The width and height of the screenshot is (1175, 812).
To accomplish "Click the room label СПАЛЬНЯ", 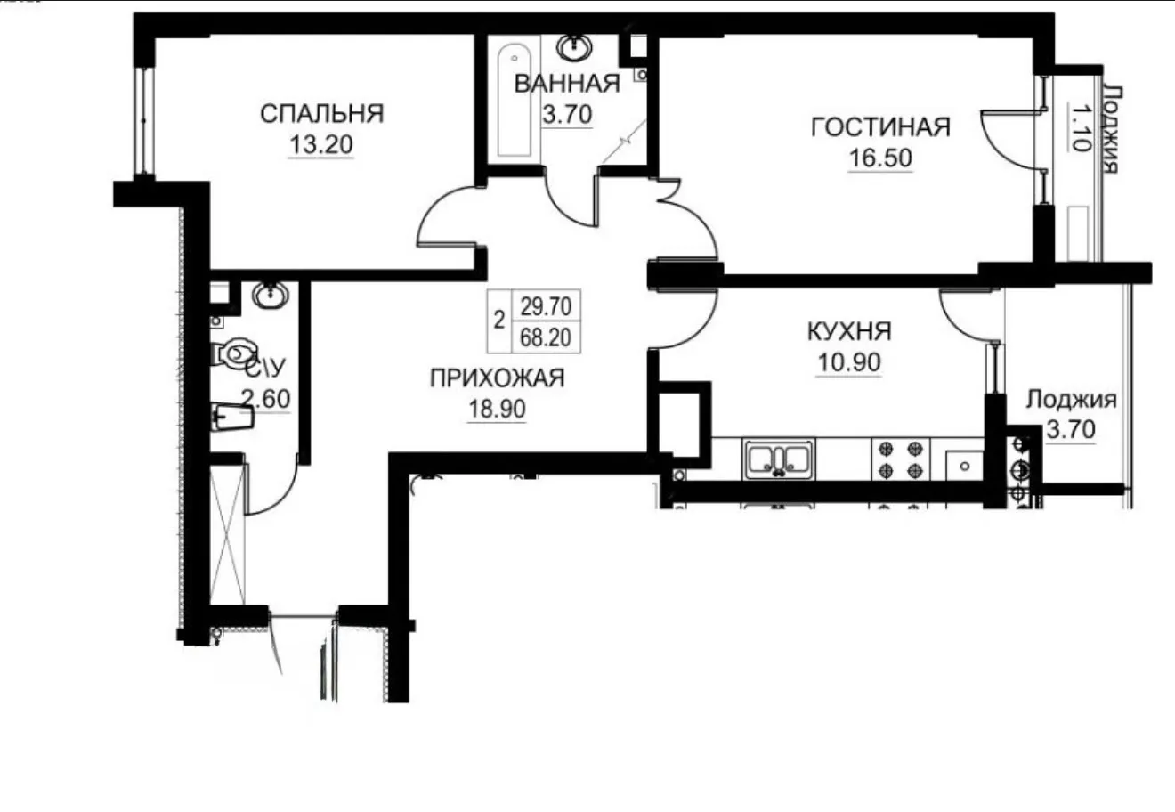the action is (322, 114).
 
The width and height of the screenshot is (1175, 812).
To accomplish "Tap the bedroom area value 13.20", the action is (321, 144).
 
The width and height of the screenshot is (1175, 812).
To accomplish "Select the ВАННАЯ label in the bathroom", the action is (567, 84).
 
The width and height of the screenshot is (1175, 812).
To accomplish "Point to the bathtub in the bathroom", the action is (515, 101).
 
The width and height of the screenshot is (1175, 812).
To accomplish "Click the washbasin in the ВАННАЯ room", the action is (574, 47).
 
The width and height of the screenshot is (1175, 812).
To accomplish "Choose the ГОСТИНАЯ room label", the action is (880, 127).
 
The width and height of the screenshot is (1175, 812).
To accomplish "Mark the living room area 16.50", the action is (880, 158).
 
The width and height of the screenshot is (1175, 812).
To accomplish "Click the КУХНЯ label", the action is (849, 331).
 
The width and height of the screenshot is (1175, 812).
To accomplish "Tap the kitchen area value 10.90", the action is (849, 362).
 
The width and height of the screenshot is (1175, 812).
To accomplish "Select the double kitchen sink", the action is (778, 460).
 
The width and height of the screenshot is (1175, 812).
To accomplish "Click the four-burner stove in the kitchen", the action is (901, 460).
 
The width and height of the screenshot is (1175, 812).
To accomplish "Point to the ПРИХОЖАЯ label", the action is (497, 378).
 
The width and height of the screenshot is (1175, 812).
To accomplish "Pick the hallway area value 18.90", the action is (497, 409).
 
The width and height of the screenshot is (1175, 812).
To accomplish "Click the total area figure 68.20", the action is (546, 337).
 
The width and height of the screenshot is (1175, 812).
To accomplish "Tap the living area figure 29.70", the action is (546, 306).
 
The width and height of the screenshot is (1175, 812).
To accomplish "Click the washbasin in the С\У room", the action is (270, 295).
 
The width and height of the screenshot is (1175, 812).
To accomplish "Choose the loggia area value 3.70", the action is (1071, 430).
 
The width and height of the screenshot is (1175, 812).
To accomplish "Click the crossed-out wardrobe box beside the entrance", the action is (227, 534).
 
